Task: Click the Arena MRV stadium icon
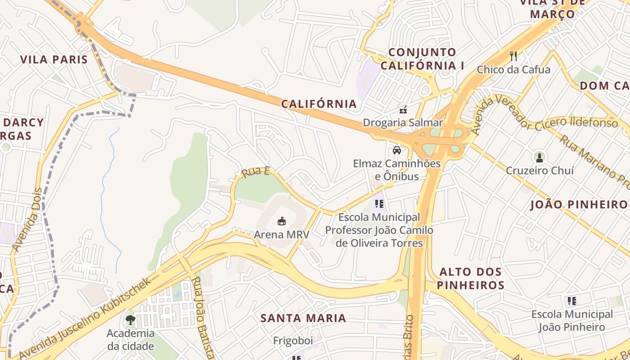pos(282,221)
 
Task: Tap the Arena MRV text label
pos(282,234)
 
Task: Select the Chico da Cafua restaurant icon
pos(513,56)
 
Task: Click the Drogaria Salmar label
pos(403,123)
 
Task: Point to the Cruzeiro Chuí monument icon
pos(540,157)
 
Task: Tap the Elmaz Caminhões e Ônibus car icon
pos(396,150)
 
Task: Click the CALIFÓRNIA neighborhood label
pos(319,104)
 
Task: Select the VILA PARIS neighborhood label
pos(54,59)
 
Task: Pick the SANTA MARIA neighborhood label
pos(303,318)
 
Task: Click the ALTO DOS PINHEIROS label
pos(470,279)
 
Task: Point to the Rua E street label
pos(255,171)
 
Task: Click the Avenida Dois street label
pos(27,220)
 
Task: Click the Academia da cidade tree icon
pos(130,320)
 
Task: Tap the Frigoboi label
pos(293,341)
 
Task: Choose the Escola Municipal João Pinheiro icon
pos(572,301)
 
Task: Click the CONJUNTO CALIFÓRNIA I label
pos(422,59)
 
